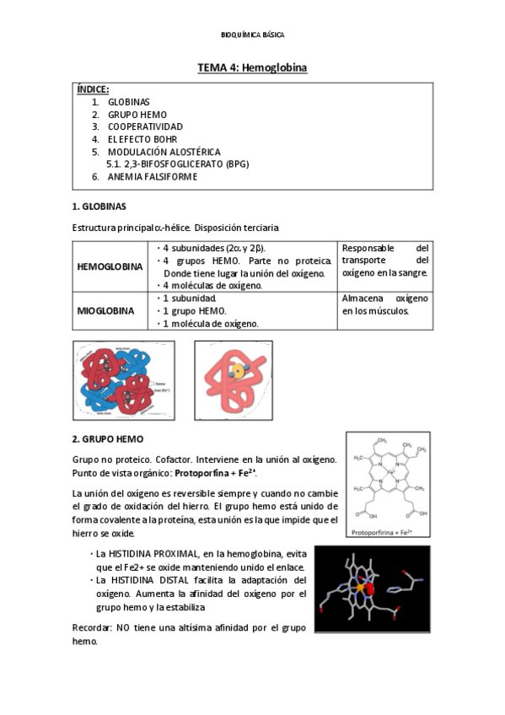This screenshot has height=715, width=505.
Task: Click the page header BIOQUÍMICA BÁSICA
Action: (x=252, y=35)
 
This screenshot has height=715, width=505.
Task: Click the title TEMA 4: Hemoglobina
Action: (x=252, y=67)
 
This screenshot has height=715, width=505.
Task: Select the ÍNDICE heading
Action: (x=93, y=89)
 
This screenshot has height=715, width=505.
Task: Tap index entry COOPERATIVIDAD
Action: (x=145, y=126)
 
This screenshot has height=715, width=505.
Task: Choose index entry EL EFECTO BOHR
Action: (x=142, y=139)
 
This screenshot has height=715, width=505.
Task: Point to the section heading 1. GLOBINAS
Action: (x=99, y=207)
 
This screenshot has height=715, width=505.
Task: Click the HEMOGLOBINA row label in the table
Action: (x=110, y=266)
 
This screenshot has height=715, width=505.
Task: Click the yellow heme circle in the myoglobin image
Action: (x=239, y=371)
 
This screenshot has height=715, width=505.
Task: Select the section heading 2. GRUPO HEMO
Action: (x=108, y=439)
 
